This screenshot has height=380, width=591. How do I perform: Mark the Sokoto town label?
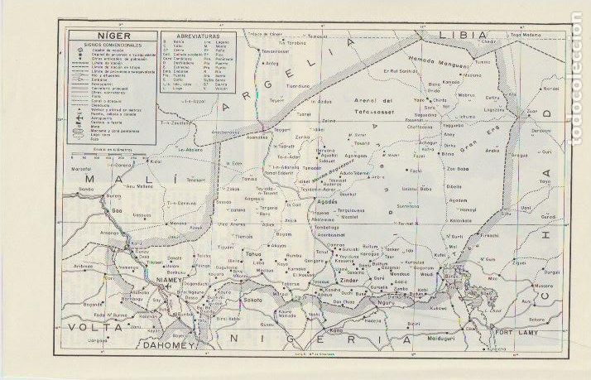pyautogui.click(x=252, y=301)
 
